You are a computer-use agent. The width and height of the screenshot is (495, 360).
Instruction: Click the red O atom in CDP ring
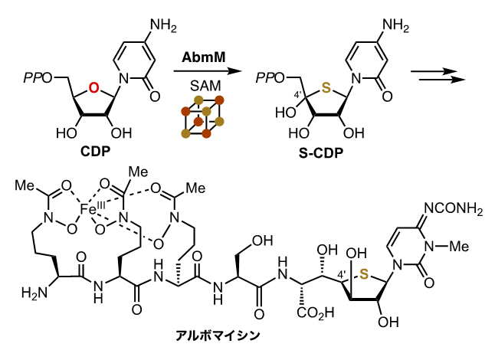click(93, 89)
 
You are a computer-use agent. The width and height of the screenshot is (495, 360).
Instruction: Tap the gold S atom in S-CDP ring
click(326, 89)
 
